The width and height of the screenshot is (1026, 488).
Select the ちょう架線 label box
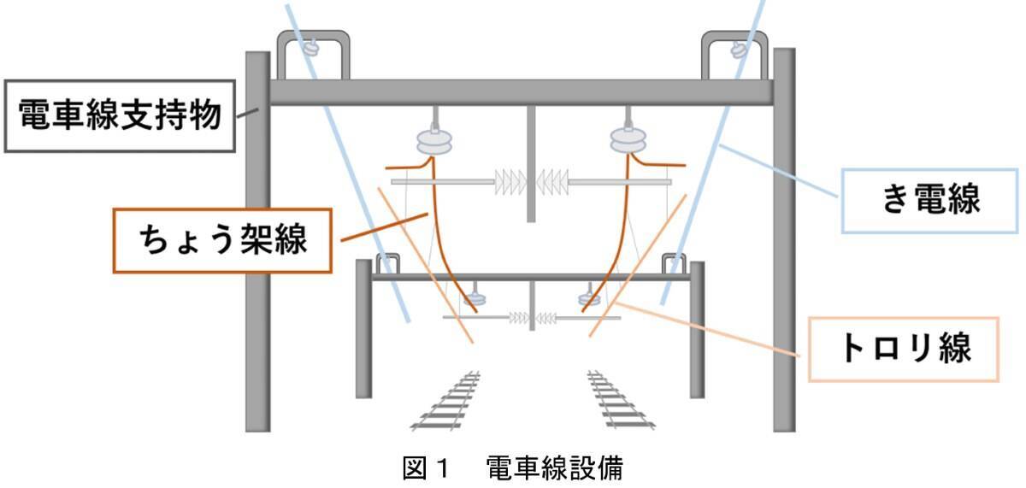(223, 239)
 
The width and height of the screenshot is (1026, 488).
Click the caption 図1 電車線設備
(512, 468)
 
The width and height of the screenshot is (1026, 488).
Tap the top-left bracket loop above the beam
(311, 53)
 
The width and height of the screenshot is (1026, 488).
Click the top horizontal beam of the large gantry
(522, 92)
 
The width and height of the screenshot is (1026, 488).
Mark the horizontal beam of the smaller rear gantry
(530, 277)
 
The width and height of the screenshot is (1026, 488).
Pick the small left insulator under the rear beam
(471, 299)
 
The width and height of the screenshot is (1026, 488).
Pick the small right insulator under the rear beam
(589, 298)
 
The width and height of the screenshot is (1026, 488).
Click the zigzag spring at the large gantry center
(531, 180)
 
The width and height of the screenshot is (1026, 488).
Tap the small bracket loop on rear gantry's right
(673, 264)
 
